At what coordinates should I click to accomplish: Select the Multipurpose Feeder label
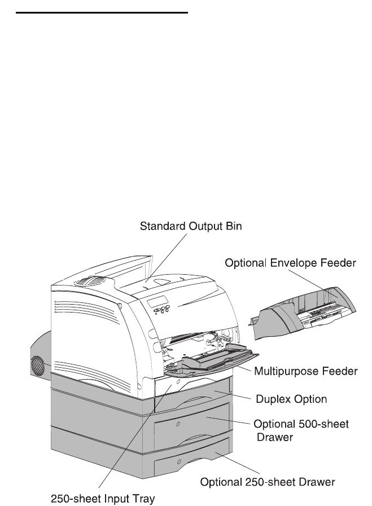[305, 371]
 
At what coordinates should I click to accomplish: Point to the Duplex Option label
[291, 399]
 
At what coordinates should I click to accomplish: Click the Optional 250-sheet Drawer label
[269, 482]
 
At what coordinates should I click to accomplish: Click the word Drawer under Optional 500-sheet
[275, 437]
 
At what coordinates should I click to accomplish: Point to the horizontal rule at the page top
[102, 11]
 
